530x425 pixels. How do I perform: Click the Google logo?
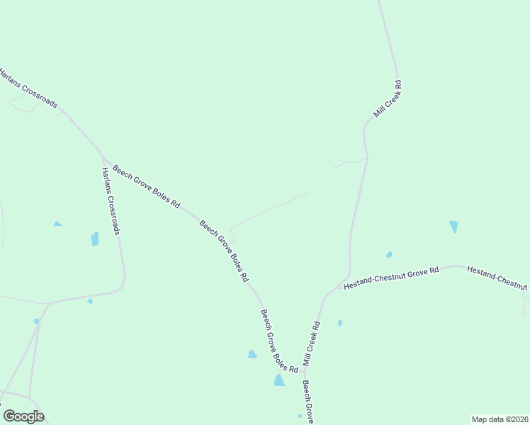pos(23,416)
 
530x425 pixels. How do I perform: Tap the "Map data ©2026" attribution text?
pos(499,419)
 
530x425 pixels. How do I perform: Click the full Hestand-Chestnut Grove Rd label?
pos(391,277)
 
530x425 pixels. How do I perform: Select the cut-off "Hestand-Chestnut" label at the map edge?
pos(497,278)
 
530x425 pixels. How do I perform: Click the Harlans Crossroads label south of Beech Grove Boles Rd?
pos(111,201)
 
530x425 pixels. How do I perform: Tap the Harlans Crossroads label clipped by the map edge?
pos(28,88)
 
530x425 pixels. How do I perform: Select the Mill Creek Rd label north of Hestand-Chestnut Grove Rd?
pos(388,98)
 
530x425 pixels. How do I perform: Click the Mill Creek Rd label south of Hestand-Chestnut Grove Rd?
pos(312,344)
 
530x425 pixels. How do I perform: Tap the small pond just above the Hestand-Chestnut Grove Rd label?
pos(389,255)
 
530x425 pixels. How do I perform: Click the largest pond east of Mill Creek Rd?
pos(453,227)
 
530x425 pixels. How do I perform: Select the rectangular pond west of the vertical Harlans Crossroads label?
pos(95,239)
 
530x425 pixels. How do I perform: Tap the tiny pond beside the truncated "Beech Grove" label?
pos(300,416)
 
